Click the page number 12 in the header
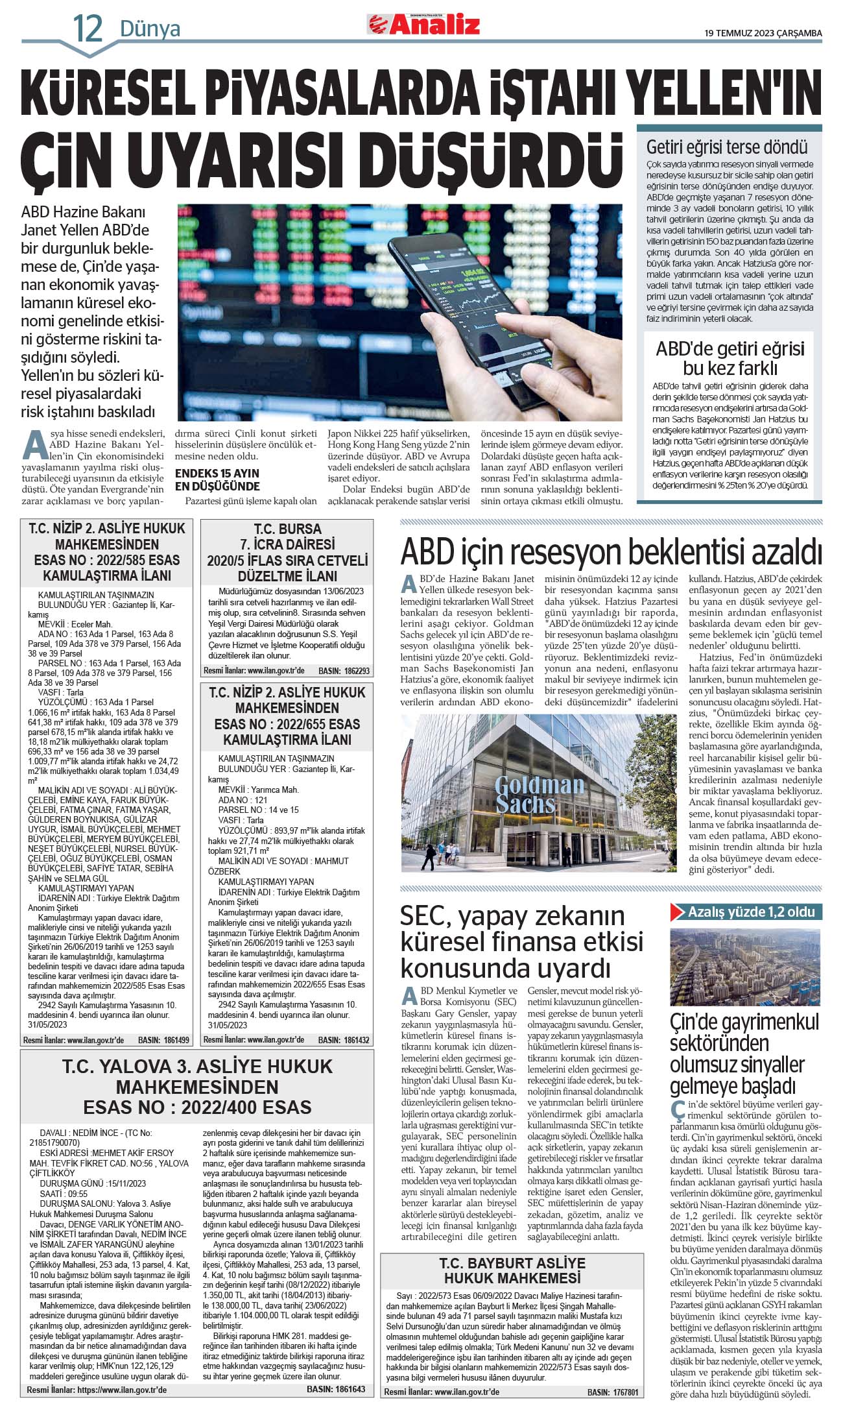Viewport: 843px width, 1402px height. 88,29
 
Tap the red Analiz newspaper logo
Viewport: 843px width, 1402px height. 425,24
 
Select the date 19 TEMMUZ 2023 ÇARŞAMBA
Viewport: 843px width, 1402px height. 763,33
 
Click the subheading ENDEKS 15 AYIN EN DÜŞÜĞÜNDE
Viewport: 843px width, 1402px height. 217,479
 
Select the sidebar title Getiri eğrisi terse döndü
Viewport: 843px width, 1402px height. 727,147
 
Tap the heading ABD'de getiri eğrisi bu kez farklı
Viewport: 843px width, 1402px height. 730,358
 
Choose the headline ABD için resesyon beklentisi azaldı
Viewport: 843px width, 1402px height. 611,552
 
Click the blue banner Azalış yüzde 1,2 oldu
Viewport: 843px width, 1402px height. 746,912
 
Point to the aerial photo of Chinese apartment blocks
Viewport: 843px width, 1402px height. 746,967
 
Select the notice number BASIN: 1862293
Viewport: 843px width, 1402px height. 344,671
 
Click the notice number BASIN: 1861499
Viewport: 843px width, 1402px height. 163,1040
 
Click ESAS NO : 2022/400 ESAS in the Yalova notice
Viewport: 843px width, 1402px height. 197,1107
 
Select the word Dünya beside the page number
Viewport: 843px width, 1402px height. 150,29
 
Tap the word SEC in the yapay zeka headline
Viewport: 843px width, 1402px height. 425,916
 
